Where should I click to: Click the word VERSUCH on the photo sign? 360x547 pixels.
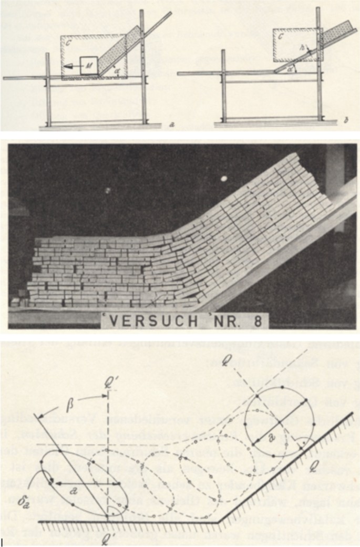click(x=149, y=319)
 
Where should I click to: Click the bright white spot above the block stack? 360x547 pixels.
click(x=224, y=179)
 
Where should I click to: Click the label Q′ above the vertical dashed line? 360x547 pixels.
click(x=109, y=377)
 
